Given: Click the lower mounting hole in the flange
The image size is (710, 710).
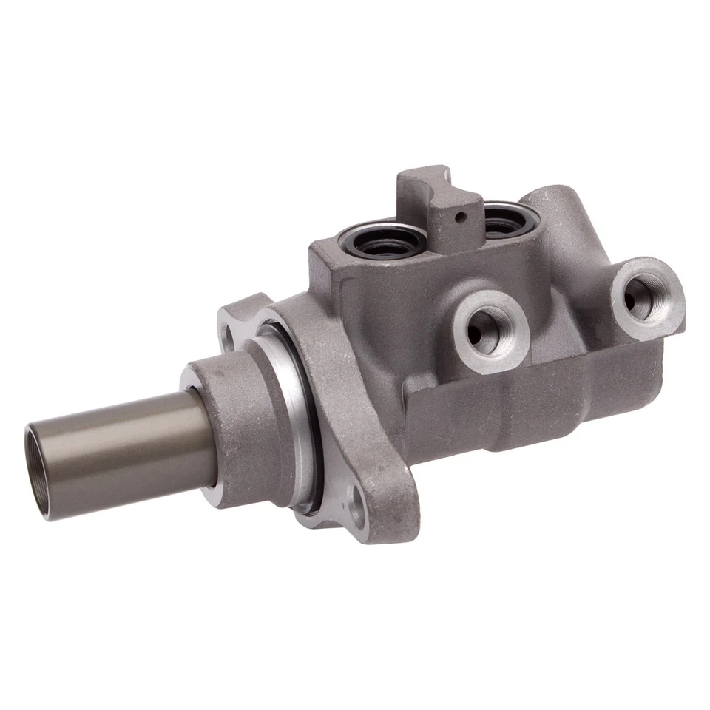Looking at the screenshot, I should point(357,510).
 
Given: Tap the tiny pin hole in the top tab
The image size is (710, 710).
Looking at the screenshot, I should point(460,217).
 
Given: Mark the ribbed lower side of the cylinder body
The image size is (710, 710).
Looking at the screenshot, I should point(532,414).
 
